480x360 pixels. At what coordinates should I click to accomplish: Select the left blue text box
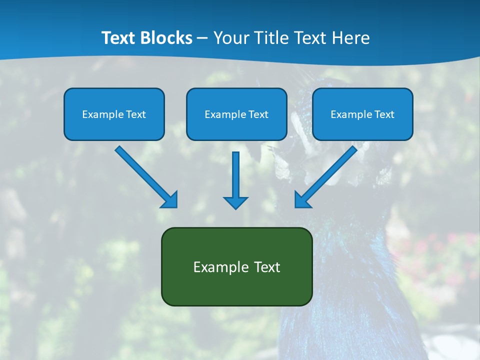114,114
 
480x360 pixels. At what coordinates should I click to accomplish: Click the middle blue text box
236,114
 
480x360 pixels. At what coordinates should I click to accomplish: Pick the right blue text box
362,114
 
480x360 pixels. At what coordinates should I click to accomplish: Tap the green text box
236,266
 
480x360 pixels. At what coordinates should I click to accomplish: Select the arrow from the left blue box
145,175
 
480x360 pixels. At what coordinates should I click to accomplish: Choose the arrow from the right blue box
327,175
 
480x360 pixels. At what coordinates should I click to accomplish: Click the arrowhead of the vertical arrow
235,202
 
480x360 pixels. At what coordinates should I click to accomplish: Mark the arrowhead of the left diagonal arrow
170,199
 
